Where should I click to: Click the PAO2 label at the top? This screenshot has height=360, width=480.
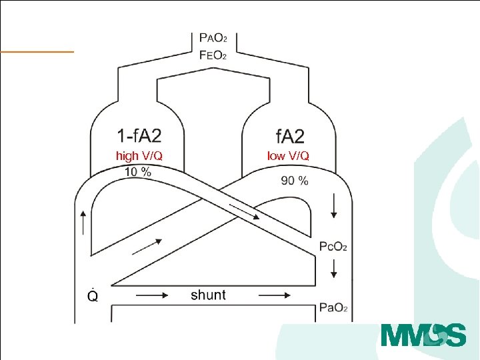(213, 38)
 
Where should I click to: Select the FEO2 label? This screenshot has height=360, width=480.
(213, 55)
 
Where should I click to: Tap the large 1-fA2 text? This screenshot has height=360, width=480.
(139, 135)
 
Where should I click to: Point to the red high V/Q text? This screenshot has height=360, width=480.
(139, 156)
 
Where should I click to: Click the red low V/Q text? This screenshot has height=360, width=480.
(288, 156)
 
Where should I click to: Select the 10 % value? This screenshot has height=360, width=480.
(138, 172)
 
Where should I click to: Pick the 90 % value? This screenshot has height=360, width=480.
(295, 181)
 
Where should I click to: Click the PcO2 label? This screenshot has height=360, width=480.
(333, 247)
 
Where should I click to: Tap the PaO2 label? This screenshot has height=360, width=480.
(333, 307)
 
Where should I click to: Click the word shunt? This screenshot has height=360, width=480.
(208, 295)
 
